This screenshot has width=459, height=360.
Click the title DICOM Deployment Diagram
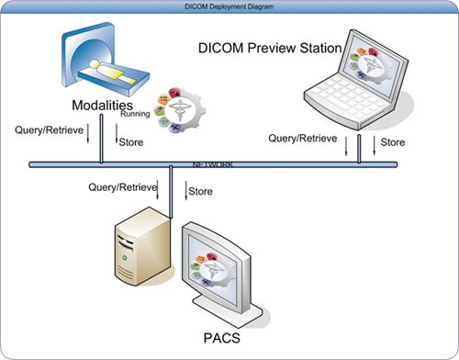pos(229,6)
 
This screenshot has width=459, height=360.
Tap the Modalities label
pos(102,106)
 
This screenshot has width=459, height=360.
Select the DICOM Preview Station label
pos(270,48)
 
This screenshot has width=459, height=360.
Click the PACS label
pos(222,338)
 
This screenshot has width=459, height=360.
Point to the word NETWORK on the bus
pos(213,164)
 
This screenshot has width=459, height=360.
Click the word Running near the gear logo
pos(135,114)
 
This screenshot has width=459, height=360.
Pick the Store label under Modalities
pos(131,142)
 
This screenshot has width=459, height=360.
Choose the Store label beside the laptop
pos(393,142)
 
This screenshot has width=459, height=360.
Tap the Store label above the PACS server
pos(200,191)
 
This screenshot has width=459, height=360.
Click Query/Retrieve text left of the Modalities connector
pos(49,130)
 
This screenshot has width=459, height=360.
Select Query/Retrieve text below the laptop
pos(303,139)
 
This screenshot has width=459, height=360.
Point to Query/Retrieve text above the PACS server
pos(123,187)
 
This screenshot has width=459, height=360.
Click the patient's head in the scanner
pos(95,64)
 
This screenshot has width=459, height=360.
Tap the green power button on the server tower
pos(125,258)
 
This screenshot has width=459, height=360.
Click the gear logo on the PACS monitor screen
pos(212,269)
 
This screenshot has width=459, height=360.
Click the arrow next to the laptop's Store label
pos(374,145)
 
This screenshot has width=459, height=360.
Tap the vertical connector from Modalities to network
pos(101,139)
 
